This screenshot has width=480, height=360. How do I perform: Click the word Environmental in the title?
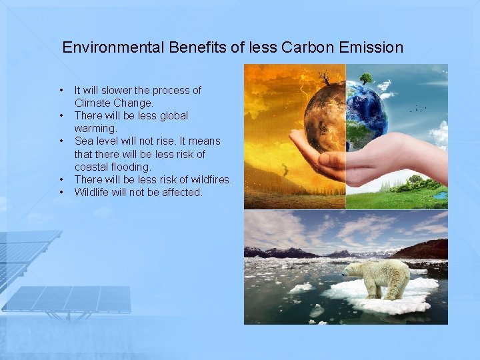click(x=113, y=47)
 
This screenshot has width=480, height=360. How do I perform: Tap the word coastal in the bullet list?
click(x=93, y=167)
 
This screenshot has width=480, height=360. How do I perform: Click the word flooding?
click(x=133, y=167)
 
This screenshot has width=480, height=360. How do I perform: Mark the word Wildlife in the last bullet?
click(x=93, y=192)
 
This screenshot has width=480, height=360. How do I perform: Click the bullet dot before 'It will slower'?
click(x=61, y=90)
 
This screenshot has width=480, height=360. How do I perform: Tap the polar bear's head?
click(x=351, y=269)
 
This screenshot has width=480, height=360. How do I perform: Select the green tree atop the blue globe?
click(x=365, y=78)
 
